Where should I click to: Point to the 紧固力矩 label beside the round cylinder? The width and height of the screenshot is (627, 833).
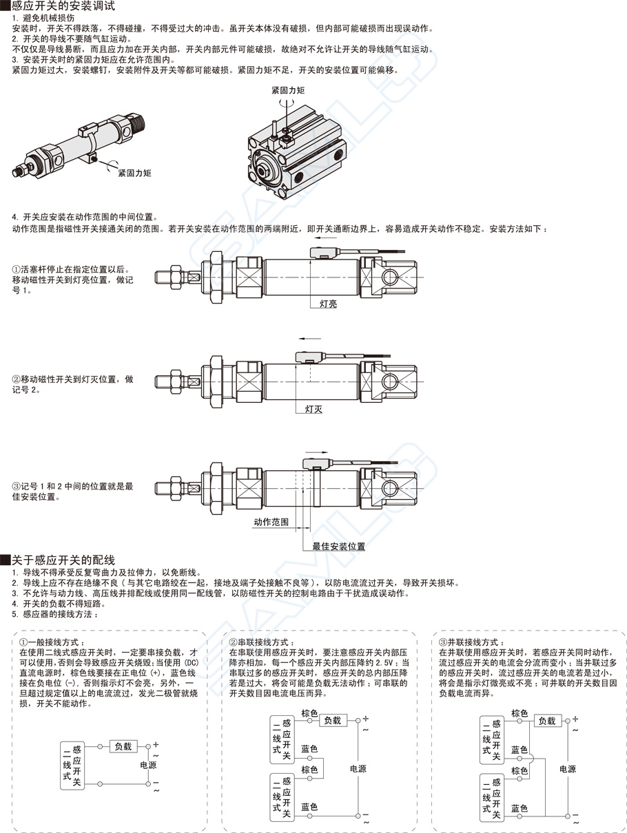click(x=134, y=173)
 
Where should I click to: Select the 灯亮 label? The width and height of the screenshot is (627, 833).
click(x=328, y=303)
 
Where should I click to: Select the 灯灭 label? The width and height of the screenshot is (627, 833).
click(x=313, y=408)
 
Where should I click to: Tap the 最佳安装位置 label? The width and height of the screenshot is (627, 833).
click(x=338, y=546)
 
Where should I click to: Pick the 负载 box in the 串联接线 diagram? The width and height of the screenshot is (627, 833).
click(x=333, y=720)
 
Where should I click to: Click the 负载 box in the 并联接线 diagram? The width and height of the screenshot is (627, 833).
click(x=546, y=721)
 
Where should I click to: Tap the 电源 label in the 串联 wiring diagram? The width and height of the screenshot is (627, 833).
click(x=358, y=769)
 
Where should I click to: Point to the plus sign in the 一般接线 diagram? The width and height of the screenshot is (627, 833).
click(x=156, y=744)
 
